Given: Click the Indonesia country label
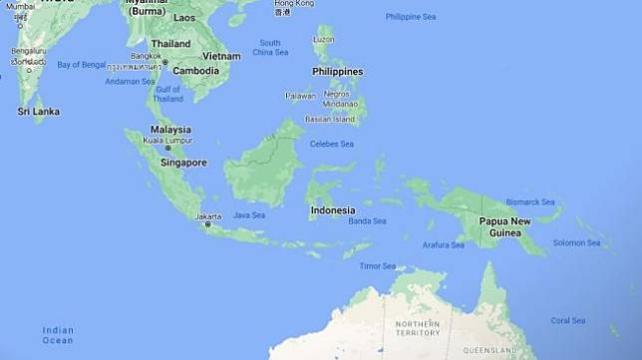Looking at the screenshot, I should [332, 210].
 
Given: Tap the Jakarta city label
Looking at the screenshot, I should [208, 215].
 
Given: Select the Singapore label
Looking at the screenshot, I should [183, 162].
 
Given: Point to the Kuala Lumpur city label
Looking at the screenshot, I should [166, 140].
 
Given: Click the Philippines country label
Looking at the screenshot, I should [337, 72].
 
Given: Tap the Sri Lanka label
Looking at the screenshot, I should [38, 112].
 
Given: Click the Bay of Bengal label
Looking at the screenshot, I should [81, 65].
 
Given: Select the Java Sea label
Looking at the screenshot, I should [248, 214].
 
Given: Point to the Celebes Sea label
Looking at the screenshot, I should [332, 144].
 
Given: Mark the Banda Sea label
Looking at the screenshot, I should [367, 220].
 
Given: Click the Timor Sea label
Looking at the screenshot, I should [378, 266].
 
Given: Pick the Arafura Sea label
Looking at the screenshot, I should [444, 244].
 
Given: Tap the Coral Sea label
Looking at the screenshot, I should [568, 320].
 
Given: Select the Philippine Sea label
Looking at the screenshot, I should [411, 17].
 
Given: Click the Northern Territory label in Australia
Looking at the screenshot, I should [417, 328].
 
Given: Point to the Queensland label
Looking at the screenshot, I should [487, 351].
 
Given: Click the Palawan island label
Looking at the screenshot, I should [300, 96].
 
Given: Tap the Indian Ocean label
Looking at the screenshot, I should [58, 335].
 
